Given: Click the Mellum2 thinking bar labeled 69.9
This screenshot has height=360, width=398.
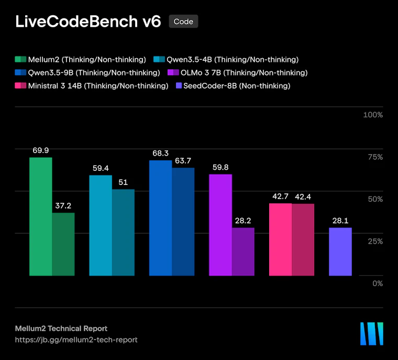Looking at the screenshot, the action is (x=41, y=216).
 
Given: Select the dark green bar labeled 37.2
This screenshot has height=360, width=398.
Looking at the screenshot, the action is (x=63, y=244).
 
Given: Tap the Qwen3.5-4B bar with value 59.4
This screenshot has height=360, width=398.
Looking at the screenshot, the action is (x=101, y=225).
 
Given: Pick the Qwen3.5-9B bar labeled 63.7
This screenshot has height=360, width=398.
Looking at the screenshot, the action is (x=183, y=222).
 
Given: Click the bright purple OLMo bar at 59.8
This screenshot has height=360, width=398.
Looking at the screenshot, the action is (x=220, y=225).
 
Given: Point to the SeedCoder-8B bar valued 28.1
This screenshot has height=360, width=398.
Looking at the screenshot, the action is (x=340, y=252).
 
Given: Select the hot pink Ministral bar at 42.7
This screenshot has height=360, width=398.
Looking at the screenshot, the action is (x=280, y=239).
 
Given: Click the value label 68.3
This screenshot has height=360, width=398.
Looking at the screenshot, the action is (x=160, y=153).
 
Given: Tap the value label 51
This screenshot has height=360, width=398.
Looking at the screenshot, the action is (x=123, y=182).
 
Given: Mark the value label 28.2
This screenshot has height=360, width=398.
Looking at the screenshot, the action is (x=243, y=221).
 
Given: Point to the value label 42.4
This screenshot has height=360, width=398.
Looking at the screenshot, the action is (x=303, y=197).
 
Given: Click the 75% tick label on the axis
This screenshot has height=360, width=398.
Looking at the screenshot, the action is (x=375, y=157).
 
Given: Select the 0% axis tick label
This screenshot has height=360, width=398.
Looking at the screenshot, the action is (x=378, y=283).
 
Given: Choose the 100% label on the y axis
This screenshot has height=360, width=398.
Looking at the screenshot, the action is (x=373, y=115).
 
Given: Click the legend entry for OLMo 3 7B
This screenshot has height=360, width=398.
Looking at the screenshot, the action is (x=238, y=73).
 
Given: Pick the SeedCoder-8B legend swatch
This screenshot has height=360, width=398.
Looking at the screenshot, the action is (x=179, y=85).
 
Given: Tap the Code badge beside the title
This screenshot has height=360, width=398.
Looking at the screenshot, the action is (x=183, y=21).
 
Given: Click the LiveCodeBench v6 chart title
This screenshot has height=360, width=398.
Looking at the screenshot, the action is (x=88, y=21).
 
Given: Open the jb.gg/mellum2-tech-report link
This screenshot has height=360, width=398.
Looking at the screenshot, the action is (x=76, y=340).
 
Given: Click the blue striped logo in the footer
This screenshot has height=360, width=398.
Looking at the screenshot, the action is (x=372, y=334).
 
